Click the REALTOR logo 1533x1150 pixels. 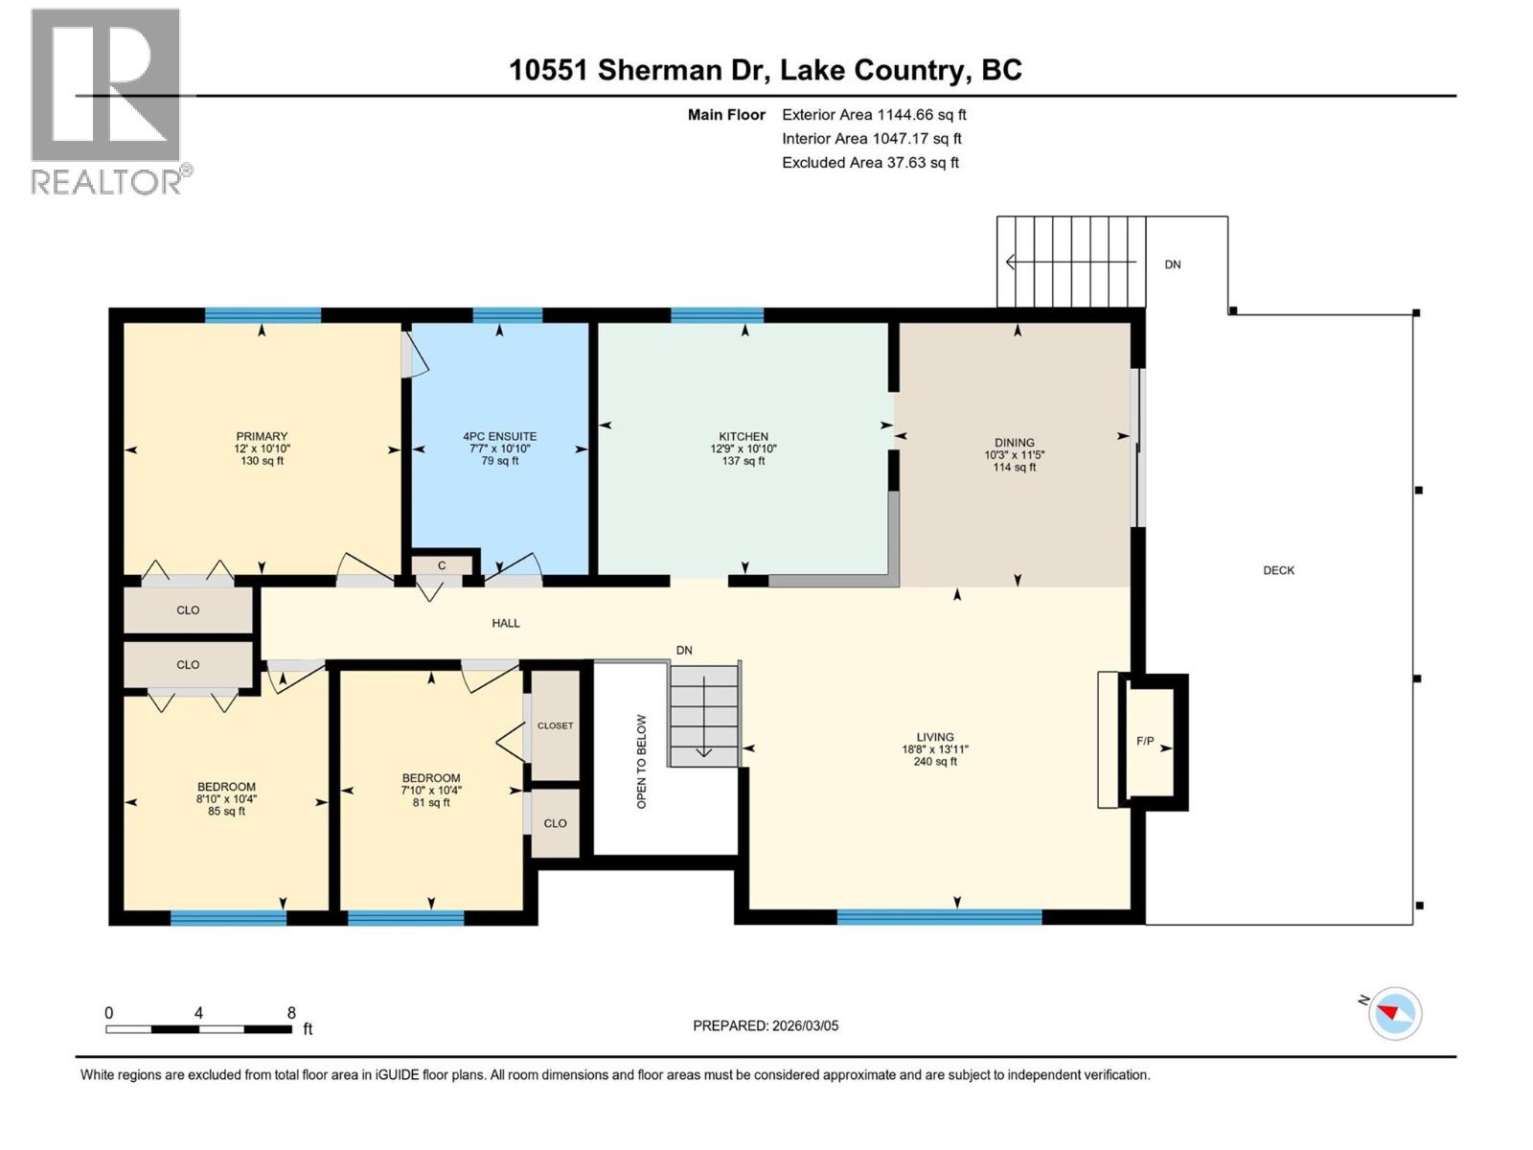(x=106, y=102)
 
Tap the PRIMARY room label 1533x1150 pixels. (x=262, y=436)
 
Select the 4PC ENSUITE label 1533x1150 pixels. (x=499, y=436)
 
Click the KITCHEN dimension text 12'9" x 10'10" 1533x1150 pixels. (x=744, y=448)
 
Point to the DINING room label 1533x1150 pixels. (x=1014, y=443)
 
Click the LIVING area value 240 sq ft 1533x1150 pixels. (x=935, y=762)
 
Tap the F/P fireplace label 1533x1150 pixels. (x=1145, y=741)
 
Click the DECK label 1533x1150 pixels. (x=1278, y=570)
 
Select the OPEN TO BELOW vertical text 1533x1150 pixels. (x=642, y=761)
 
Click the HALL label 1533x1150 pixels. (x=506, y=623)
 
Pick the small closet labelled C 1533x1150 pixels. (x=442, y=565)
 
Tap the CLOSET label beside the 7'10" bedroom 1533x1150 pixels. (x=555, y=725)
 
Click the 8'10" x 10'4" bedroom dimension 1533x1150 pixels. (x=226, y=798)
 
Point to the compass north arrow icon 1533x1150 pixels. (x=1394, y=1013)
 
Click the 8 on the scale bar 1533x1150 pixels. (x=291, y=1013)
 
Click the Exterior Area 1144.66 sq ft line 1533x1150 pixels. (x=874, y=114)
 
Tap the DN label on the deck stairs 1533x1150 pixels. (x=1173, y=264)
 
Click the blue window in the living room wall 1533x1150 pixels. (x=939, y=917)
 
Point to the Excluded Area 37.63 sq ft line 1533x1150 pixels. (x=870, y=162)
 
